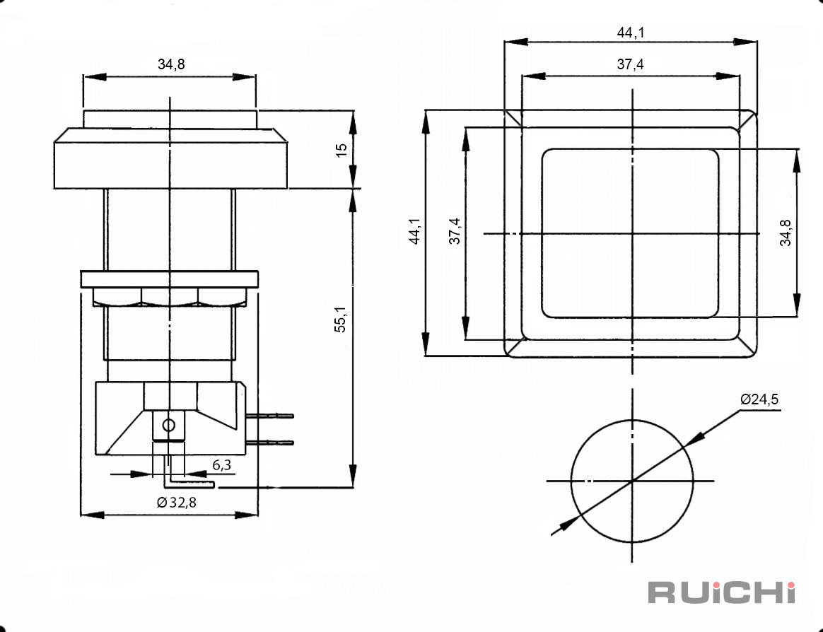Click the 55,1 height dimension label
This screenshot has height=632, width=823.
[341, 319]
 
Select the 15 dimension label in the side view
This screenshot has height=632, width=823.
[342, 150]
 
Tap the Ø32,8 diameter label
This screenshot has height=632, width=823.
[177, 503]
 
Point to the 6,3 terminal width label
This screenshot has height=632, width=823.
[221, 465]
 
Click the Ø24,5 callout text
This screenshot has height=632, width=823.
[759, 399]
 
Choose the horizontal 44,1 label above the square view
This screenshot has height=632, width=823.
[631, 33]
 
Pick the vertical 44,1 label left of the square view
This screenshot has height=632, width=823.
[414, 231]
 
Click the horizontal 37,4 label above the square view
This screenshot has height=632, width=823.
[631, 64]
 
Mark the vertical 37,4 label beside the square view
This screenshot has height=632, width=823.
[455, 231]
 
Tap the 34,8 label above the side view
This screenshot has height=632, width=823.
[171, 64]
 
